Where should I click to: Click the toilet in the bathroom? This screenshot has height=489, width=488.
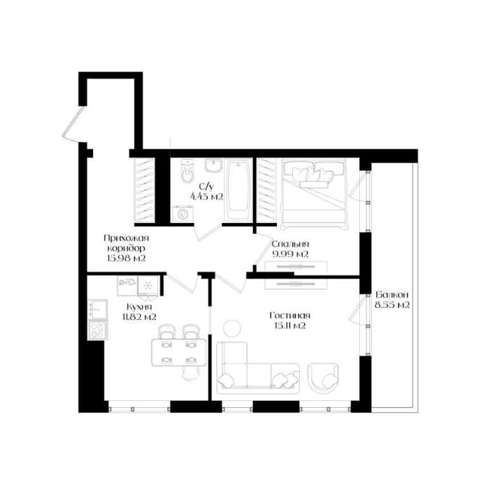click(187, 171)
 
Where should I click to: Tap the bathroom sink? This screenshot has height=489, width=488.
click(213, 165)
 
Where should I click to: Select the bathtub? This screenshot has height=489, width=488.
click(238, 190)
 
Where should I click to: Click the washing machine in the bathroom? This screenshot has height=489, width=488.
click(182, 214)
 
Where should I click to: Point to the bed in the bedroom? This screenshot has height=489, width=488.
click(314, 194)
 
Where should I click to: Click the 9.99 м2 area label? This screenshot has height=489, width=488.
click(290, 254)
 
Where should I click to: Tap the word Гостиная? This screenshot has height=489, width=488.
click(290, 316)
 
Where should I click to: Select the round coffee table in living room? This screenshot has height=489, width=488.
click(232, 329)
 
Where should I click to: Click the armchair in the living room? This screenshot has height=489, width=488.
click(323, 379)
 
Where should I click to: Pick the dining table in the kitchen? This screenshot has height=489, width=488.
click(179, 352)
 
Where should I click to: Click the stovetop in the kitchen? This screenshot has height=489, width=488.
click(97, 330)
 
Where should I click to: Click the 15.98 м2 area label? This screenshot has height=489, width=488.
click(127, 258)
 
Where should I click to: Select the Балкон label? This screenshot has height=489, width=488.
click(392, 295)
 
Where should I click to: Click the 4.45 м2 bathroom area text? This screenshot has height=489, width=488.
click(206, 197)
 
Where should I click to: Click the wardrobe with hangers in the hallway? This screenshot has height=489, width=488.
click(144, 190)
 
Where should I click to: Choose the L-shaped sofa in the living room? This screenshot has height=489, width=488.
click(258, 368)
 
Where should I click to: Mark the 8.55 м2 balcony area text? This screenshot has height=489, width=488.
click(392, 305)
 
